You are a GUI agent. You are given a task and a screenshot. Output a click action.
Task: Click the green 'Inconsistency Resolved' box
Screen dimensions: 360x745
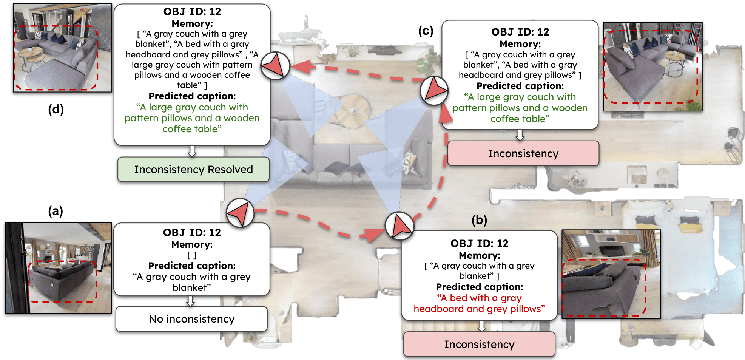click(193, 170)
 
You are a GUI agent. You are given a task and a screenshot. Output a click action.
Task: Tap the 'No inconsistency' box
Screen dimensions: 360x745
click(191, 319)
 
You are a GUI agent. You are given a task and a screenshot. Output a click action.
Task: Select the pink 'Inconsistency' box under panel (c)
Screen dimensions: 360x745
click(523, 154)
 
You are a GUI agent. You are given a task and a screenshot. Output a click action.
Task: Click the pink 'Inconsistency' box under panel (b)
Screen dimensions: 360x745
click(479, 345)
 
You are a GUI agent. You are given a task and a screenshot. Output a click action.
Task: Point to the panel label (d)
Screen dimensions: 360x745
click(56, 110)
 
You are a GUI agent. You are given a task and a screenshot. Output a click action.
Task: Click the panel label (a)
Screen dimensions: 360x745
click(55, 211)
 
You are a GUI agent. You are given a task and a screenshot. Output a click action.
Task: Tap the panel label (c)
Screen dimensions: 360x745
click(426, 31)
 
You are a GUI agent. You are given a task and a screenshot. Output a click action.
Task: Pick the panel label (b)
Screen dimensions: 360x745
click(479, 220)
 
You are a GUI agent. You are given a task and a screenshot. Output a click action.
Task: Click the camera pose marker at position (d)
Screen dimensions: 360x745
click(275, 66)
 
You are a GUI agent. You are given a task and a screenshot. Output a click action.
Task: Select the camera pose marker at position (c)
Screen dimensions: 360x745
click(434, 91)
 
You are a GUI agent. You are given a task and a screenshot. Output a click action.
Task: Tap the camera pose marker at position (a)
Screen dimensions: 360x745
click(240, 213)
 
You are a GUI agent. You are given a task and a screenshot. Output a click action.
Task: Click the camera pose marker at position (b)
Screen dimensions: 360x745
click(399, 226)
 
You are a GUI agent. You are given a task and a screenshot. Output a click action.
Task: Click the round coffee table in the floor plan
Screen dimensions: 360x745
click(353, 111)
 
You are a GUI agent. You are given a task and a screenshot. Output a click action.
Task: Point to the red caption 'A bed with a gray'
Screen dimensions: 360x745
click(479, 298)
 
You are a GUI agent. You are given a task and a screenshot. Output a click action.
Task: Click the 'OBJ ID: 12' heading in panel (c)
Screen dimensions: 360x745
click(520, 32)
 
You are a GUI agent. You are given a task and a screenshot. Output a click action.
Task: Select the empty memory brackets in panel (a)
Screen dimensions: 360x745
click(192, 255)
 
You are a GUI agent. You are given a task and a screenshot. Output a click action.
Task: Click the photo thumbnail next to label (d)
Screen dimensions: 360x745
click(63, 48)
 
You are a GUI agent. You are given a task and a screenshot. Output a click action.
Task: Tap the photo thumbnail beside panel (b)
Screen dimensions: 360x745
click(611, 274)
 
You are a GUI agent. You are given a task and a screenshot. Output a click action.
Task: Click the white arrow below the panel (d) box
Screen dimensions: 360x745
click(192, 151)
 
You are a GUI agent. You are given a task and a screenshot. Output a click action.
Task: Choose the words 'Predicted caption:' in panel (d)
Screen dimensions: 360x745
click(192, 96)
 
